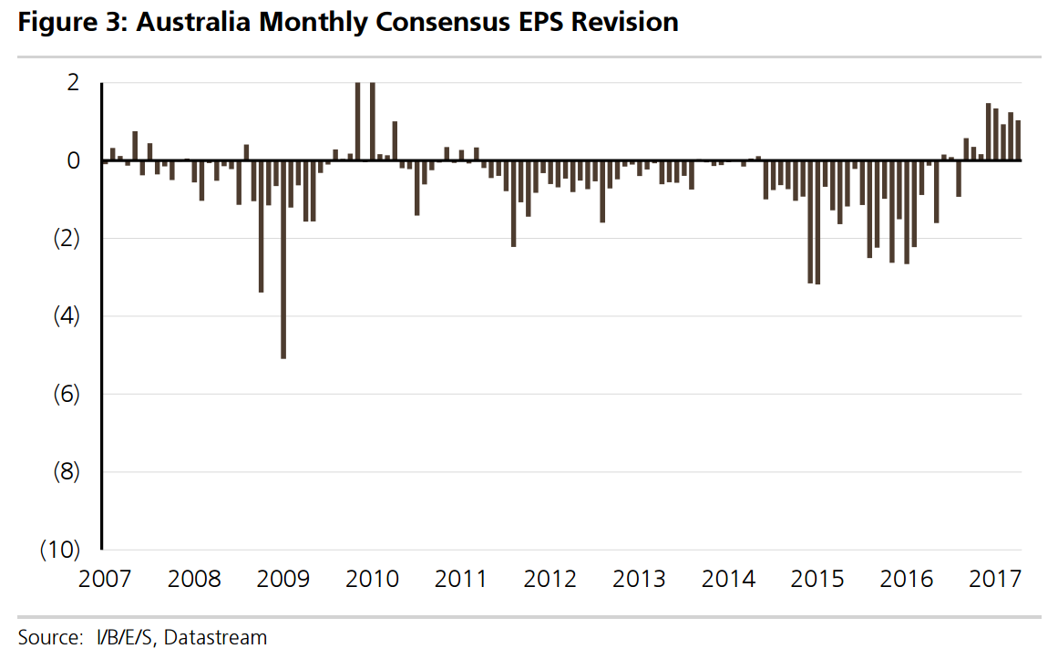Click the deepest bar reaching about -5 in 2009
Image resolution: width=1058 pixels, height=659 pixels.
pyautogui.click(x=283, y=260)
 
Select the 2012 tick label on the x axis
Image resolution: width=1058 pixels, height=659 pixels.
pyautogui.click(x=550, y=579)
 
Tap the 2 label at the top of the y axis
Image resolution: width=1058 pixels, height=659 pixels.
pyautogui.click(x=73, y=83)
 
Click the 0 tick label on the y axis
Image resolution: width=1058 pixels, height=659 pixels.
pyautogui.click(x=73, y=160)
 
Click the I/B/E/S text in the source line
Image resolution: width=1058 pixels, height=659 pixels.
pyautogui.click(x=124, y=637)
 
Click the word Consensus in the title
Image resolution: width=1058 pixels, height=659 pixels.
pyautogui.click(x=434, y=23)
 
